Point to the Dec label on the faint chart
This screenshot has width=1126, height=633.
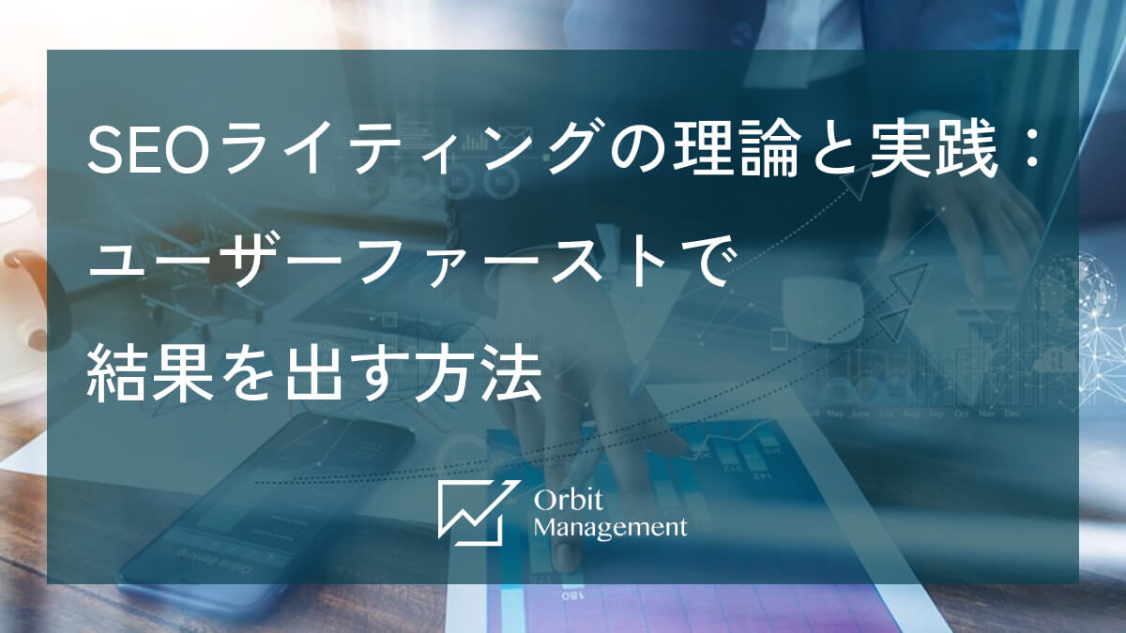pyautogui.click(x=1012, y=413)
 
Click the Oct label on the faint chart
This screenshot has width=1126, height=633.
pyautogui.click(x=961, y=413)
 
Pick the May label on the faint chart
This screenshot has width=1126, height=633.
pyautogui.click(x=835, y=413)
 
